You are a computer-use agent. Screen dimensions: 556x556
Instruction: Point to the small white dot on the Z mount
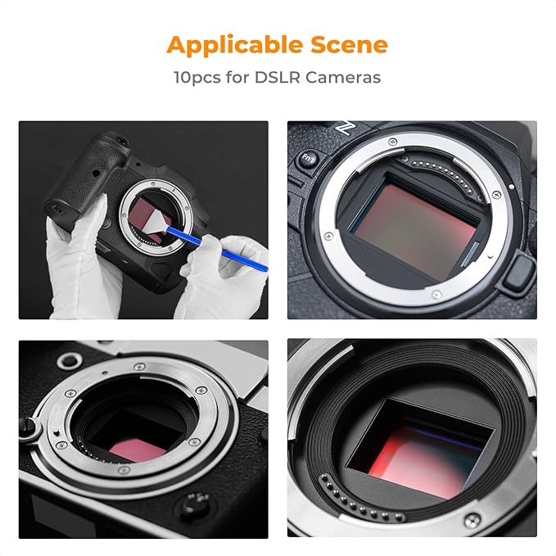(x=495, y=195)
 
